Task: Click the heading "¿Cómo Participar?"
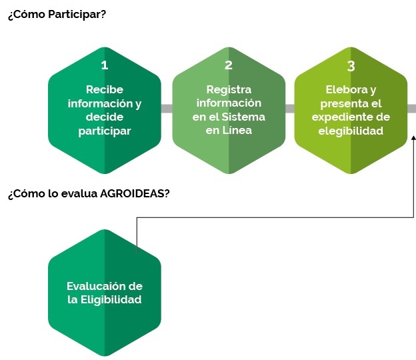coord(57,14)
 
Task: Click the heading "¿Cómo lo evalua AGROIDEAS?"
coord(89,193)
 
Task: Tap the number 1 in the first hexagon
coord(105,65)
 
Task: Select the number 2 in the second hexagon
coord(229,65)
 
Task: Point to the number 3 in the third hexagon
coord(351,66)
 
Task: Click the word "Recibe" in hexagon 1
coord(105,89)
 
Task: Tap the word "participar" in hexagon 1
coord(105,131)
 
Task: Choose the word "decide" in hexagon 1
coord(105,117)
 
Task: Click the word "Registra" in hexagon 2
coord(229,90)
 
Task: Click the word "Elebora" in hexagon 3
coord(347,89)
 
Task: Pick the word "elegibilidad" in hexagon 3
coord(351,131)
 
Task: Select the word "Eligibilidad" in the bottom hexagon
coord(111,299)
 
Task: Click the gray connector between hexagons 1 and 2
coord(167,109)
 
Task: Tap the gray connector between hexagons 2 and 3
coord(290,109)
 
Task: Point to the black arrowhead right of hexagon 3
coord(413,137)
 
